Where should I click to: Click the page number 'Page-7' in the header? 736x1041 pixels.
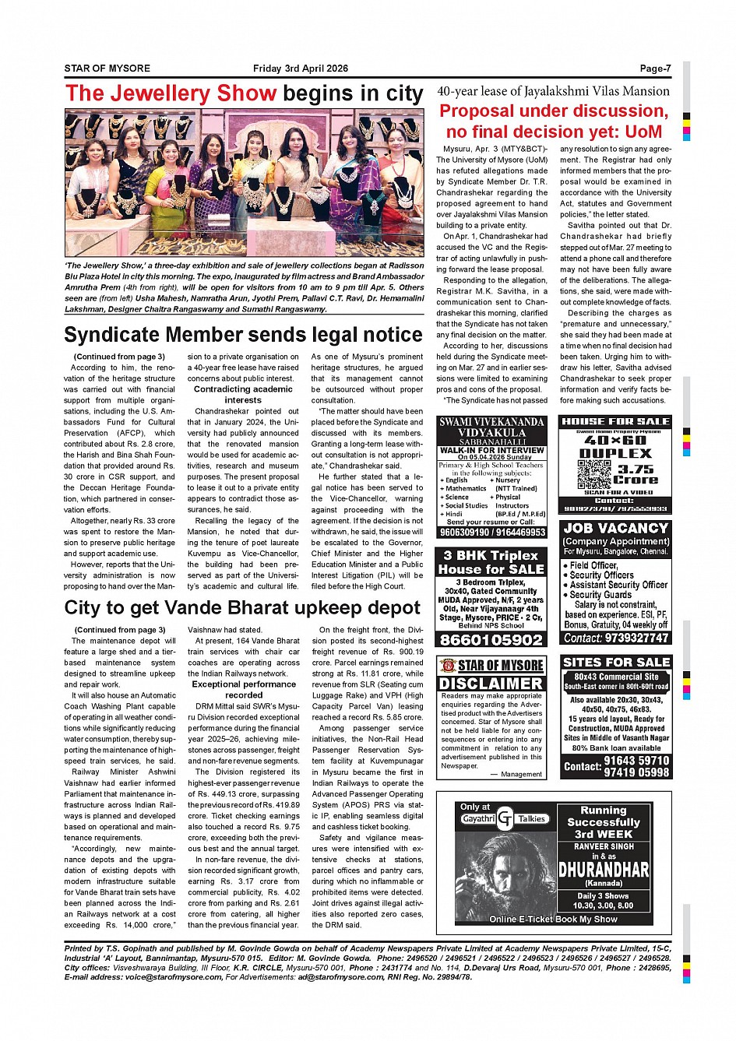pos(655,69)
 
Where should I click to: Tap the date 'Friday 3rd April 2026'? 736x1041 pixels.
pos(301,69)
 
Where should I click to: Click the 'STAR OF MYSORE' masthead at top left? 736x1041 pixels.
pos(107,69)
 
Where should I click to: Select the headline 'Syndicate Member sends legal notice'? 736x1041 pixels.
pos(243,335)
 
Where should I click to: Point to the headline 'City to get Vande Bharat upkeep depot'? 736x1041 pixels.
pos(242,607)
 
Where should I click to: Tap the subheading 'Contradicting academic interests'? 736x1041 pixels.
pos(243,394)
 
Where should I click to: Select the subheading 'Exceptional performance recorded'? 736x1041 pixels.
pos(244,690)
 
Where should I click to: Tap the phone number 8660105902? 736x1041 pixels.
pos(491,640)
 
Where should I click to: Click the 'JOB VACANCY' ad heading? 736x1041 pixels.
pos(615,528)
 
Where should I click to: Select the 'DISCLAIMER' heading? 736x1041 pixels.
pos(491,683)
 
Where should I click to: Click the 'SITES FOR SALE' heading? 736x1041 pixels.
pos(615,662)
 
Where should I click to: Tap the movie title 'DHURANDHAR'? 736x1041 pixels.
pos(604,869)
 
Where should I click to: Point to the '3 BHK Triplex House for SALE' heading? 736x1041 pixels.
pos(491,562)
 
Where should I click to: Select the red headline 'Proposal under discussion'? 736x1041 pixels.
pos(554,111)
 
